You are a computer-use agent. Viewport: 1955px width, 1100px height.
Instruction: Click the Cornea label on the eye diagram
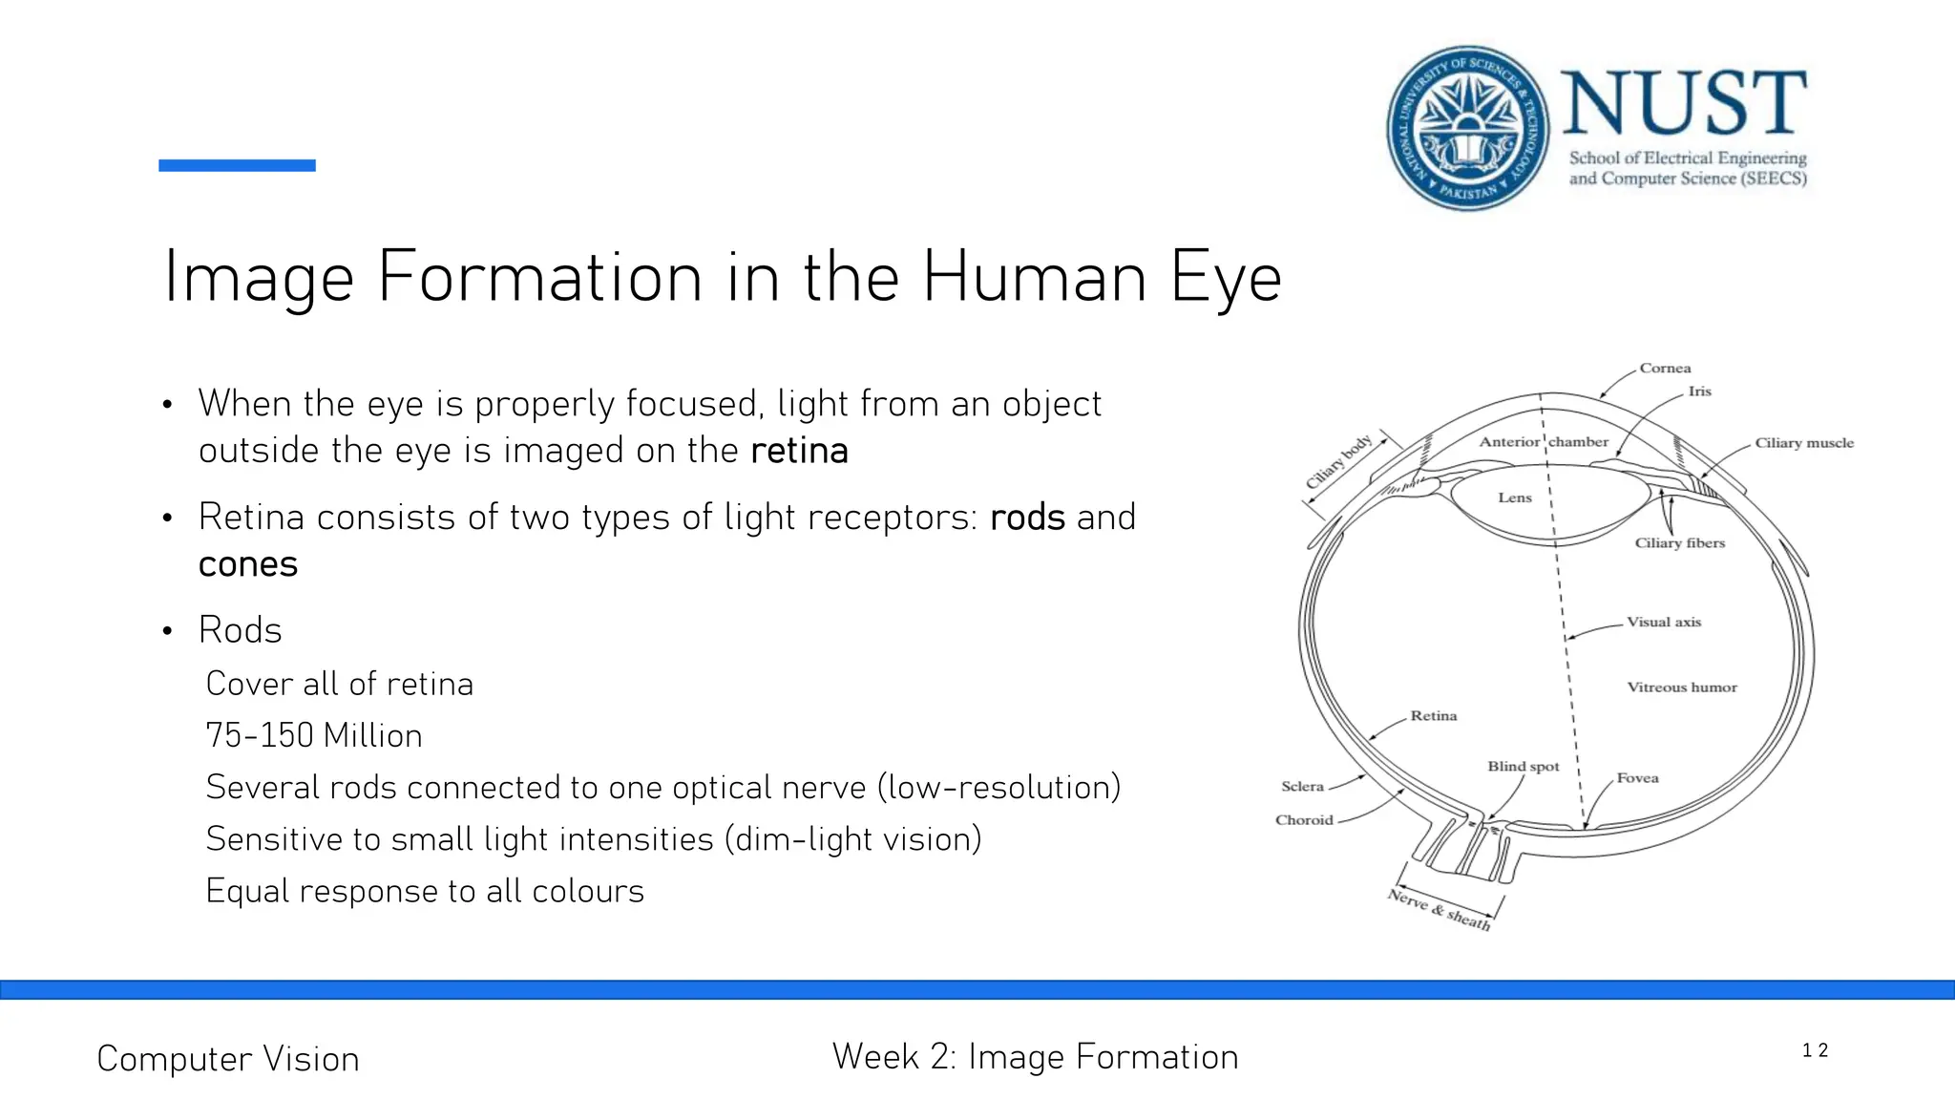pos(1665,369)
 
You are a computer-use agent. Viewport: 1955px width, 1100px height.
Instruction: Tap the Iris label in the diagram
pos(1699,391)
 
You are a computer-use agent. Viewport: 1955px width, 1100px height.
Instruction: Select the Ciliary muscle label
pos(1803,443)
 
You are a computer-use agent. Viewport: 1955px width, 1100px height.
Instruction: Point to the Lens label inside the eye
pos(1514,497)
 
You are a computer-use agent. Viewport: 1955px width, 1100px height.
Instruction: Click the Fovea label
pos(1637,778)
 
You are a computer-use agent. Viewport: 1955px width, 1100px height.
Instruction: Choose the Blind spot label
pos(1523,767)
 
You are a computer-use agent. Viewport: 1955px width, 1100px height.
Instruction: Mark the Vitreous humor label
pos(1681,687)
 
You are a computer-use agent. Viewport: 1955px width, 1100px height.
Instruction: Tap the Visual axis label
pos(1663,623)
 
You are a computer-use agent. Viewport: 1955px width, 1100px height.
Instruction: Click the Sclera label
pos(1302,787)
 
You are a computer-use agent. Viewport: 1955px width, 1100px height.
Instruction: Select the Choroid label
pos(1304,820)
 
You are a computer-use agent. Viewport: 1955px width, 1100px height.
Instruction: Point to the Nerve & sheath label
pos(1439,909)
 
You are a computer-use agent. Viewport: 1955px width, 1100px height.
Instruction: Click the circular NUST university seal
pos(1467,128)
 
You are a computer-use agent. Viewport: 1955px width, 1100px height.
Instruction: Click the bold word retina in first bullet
pos(799,451)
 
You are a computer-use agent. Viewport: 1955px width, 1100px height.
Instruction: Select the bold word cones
pos(248,564)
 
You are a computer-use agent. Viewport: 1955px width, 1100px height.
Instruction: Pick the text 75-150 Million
pos(314,735)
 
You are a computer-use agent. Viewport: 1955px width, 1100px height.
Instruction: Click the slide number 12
pos(1814,1050)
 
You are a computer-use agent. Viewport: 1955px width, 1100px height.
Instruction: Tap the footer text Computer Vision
pos(228,1059)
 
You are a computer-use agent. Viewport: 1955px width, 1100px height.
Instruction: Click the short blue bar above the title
pos(237,165)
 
